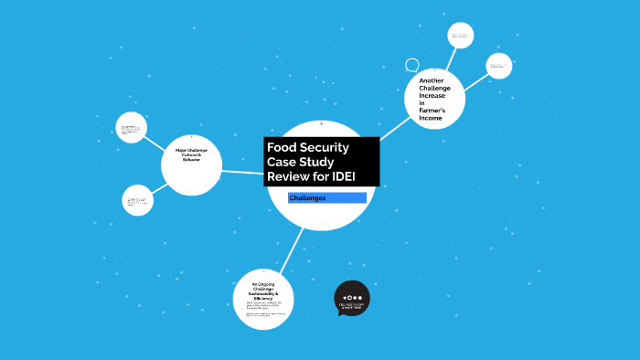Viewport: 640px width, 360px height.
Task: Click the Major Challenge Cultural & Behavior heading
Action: tap(192, 154)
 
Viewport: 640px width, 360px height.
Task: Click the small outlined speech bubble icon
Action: tap(412, 66)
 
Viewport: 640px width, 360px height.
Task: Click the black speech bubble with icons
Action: tap(352, 299)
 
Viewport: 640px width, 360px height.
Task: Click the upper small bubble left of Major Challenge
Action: tap(132, 127)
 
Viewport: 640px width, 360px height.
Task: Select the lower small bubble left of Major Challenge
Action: tap(137, 200)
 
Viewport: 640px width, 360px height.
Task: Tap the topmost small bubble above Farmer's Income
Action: tap(459, 36)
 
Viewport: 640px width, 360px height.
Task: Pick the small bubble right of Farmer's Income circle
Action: tap(498, 65)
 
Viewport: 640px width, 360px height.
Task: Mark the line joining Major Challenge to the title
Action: tap(243, 171)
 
